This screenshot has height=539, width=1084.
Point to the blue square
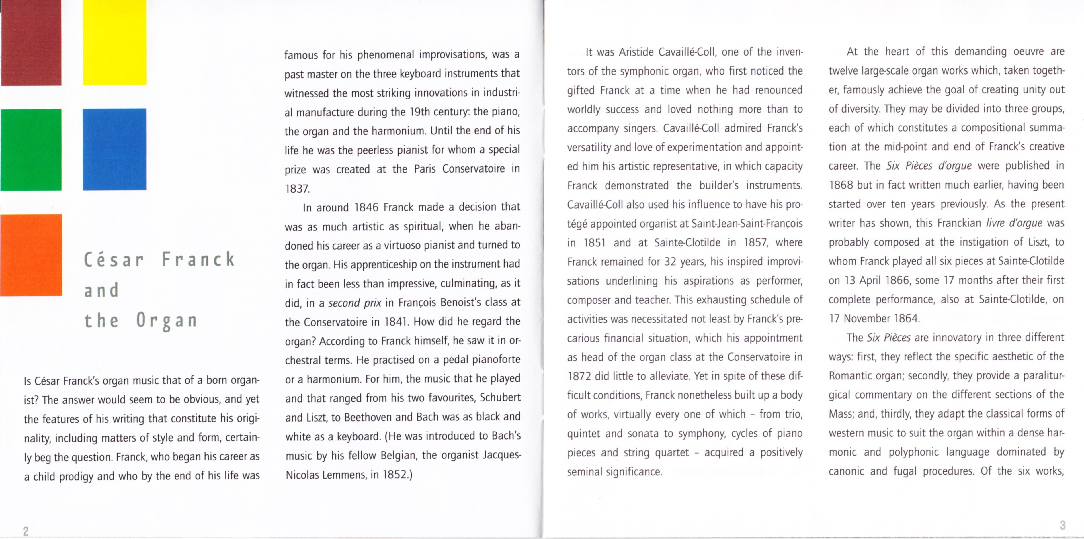[114, 149]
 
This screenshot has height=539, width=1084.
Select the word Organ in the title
[167, 321]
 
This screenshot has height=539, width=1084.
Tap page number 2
[26, 531]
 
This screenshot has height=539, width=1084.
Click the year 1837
[297, 188]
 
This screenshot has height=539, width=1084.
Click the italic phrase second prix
[355, 303]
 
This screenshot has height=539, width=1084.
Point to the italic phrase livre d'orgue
[1014, 223]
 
